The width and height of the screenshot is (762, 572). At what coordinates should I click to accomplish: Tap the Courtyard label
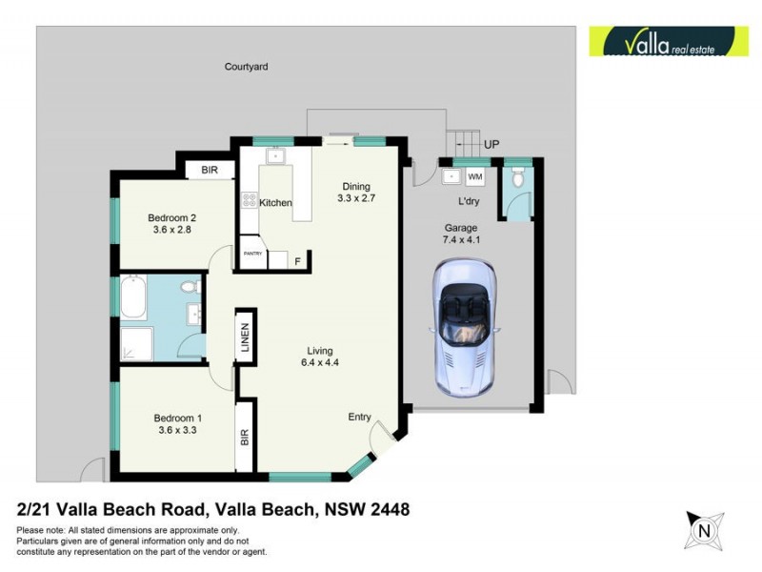click(246, 67)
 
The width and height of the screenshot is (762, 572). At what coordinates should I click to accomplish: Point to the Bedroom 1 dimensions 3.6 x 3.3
click(179, 431)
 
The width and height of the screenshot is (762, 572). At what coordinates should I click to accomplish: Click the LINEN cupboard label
click(245, 338)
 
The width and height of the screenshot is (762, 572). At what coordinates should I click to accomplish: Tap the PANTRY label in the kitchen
click(252, 254)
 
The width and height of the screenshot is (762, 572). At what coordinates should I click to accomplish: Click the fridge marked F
click(297, 259)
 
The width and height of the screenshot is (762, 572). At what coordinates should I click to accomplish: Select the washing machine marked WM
click(475, 177)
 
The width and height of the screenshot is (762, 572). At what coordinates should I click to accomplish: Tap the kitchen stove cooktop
click(249, 201)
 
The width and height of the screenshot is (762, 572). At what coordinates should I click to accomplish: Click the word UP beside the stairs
click(491, 144)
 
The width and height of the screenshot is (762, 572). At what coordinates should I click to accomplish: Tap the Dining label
click(356, 186)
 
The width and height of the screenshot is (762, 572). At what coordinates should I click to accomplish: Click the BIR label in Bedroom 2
click(209, 172)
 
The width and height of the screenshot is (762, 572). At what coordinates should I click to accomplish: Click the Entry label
click(360, 417)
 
